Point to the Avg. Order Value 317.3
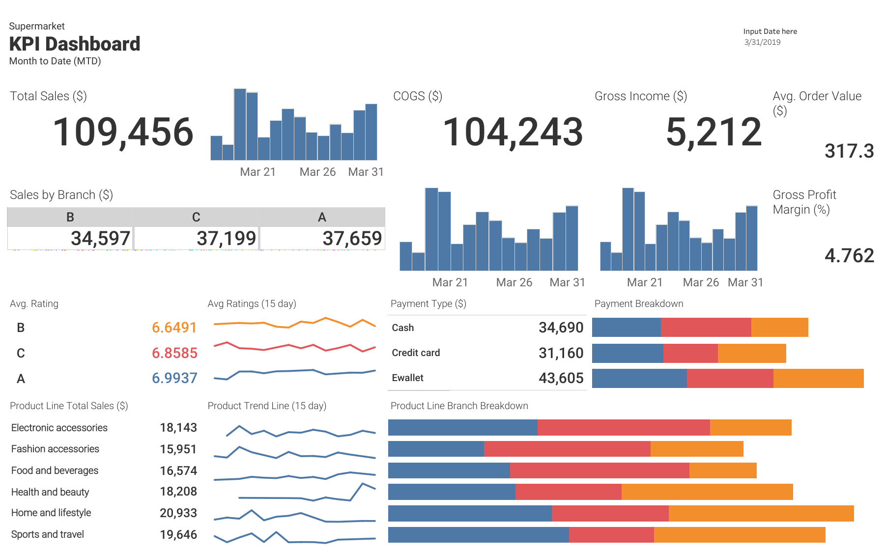pyautogui.click(x=849, y=151)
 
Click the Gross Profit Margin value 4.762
pyautogui.click(x=849, y=256)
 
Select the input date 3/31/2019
pyautogui.click(x=762, y=42)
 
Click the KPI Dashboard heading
pyautogui.click(x=75, y=44)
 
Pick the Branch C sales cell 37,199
pyautogui.click(x=226, y=239)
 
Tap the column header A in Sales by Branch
pyautogui.click(x=322, y=217)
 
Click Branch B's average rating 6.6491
pyautogui.click(x=174, y=328)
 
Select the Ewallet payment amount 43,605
pyautogui.click(x=561, y=378)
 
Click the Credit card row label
pyautogui.click(x=416, y=353)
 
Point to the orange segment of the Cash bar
pyautogui.click(x=779, y=328)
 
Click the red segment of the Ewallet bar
pyautogui.click(x=730, y=378)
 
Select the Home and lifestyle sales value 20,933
pyautogui.click(x=178, y=513)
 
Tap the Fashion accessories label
pyautogui.click(x=55, y=449)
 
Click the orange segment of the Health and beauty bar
pyautogui.click(x=707, y=492)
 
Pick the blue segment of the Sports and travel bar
pyautogui.click(x=478, y=535)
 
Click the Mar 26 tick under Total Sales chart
pyautogui.click(x=317, y=172)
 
